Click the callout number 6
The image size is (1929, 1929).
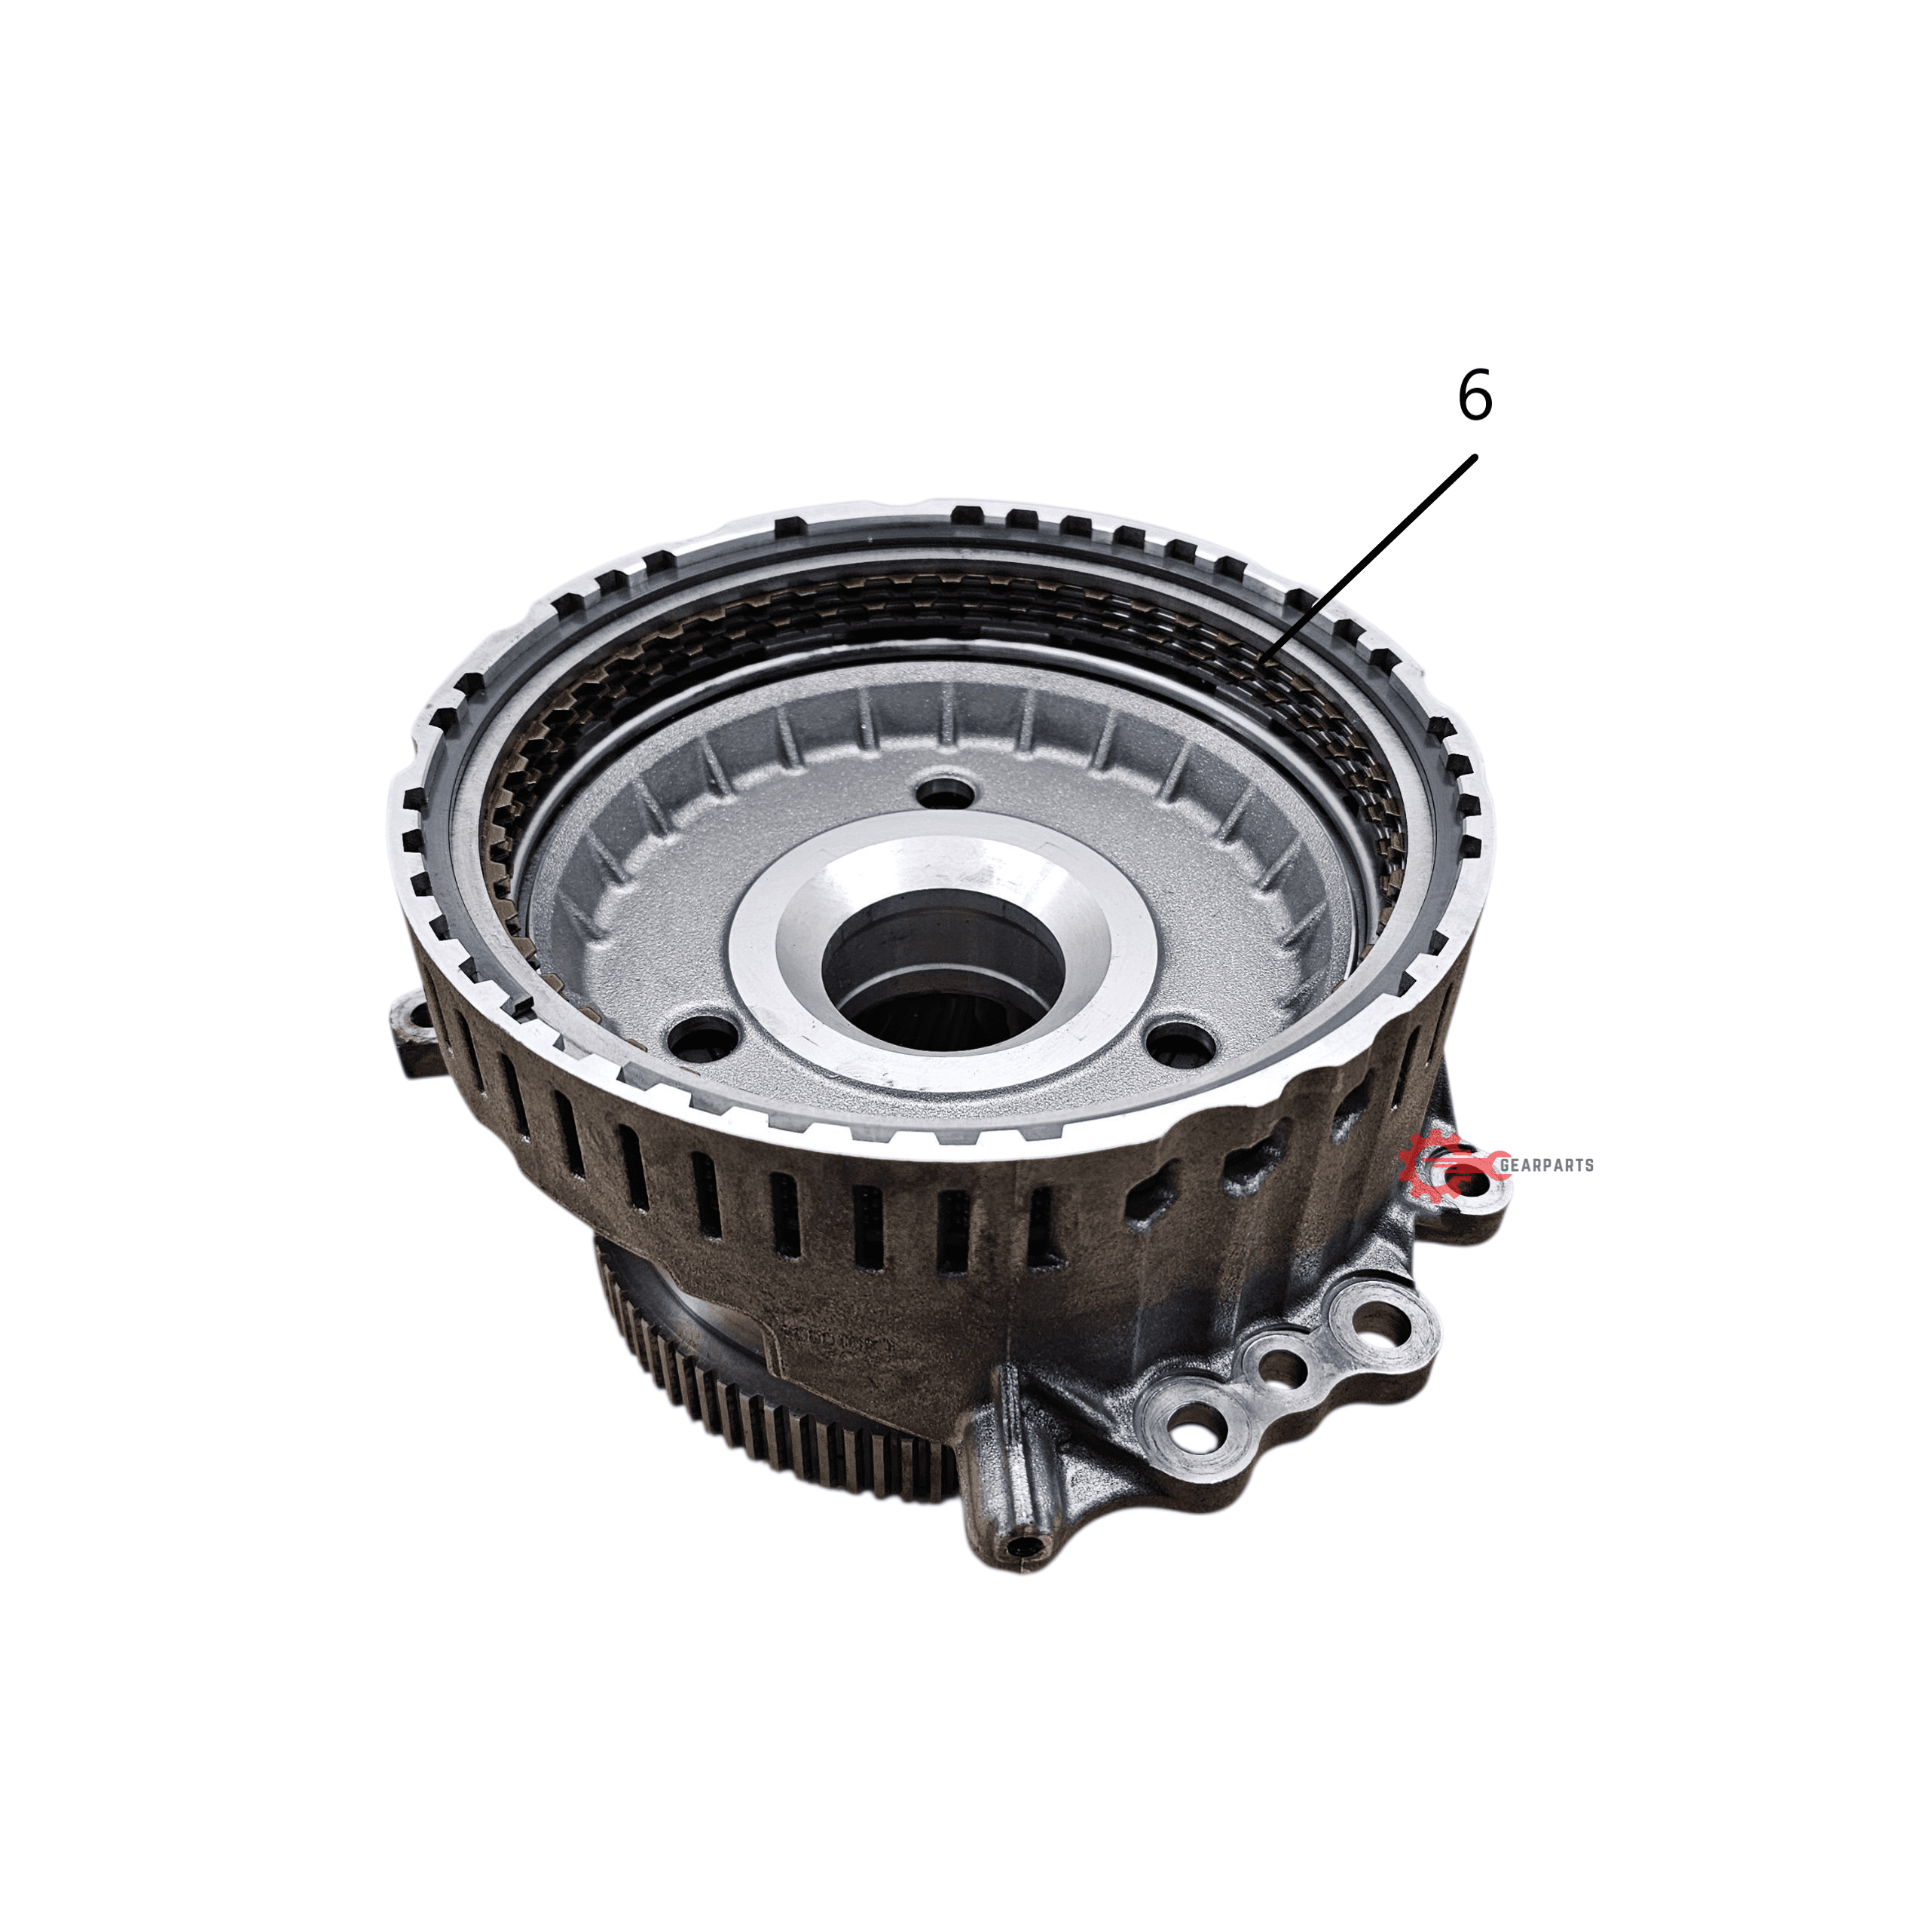1475,396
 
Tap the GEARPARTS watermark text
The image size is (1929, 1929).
1547,1164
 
